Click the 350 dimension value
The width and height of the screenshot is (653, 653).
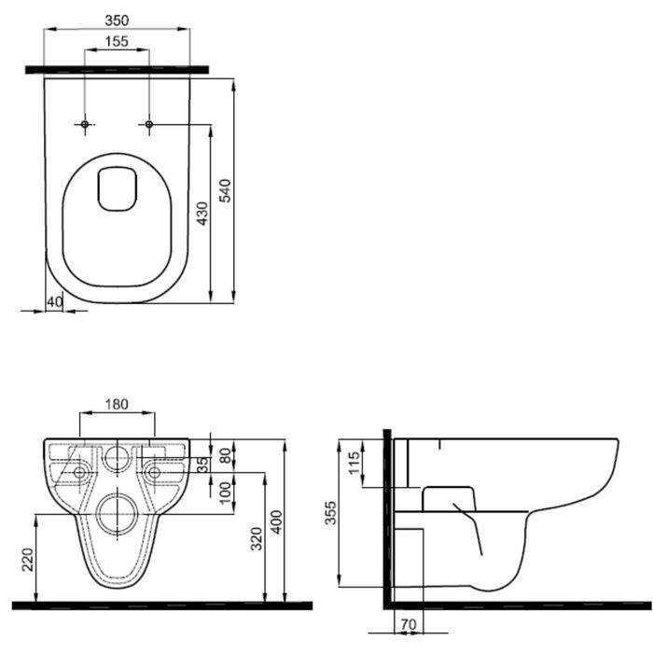click(117, 20)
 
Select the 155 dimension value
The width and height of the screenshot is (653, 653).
click(117, 42)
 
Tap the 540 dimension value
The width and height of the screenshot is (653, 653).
click(225, 190)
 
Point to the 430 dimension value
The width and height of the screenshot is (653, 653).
click(202, 214)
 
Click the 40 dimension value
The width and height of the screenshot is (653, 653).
click(54, 302)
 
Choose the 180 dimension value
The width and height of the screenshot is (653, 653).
click(117, 404)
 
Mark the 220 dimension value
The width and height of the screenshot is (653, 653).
click(27, 560)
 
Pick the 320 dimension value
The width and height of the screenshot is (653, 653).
click(257, 538)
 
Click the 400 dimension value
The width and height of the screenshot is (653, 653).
click(276, 521)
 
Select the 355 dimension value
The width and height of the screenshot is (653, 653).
click(330, 513)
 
